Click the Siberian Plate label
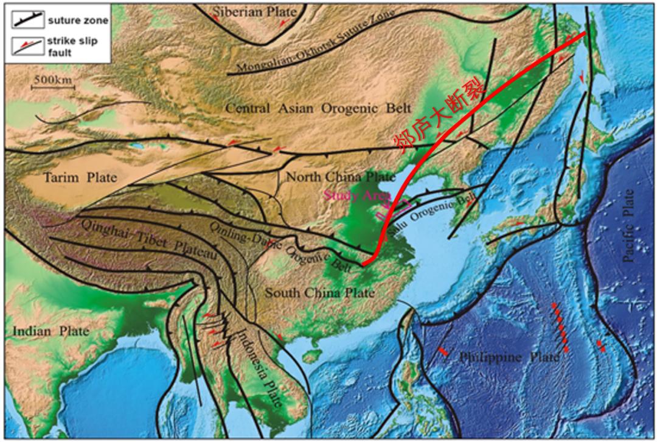pyautogui.click(x=255, y=12)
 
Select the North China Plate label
pyautogui.click(x=341, y=177)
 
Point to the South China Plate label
pyautogui.click(x=319, y=293)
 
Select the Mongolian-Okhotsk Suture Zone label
pyautogui.click(x=316, y=43)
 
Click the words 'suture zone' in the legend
pyautogui.click(x=78, y=21)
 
